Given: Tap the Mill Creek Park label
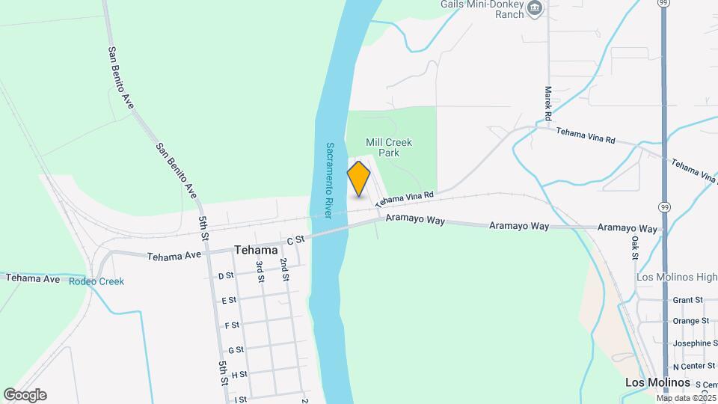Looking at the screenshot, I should click(x=389, y=147).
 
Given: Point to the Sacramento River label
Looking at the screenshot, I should click(x=330, y=179).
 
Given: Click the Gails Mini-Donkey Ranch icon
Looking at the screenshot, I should click(x=535, y=8).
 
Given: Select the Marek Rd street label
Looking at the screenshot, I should click(x=548, y=103).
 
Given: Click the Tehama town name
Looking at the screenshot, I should click(x=256, y=250).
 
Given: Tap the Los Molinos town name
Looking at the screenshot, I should click(x=657, y=382).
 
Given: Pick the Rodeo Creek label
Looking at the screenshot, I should click(x=96, y=281).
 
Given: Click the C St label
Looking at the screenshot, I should click(x=296, y=240).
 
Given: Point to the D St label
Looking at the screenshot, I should click(x=226, y=275).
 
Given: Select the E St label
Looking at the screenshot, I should click(x=230, y=300).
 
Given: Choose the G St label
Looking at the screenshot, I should click(x=236, y=349).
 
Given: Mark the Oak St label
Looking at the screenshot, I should click(x=635, y=248).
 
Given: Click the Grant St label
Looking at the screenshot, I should click(x=687, y=300).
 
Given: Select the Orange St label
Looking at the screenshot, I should click(x=690, y=321).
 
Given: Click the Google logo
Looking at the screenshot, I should click(x=25, y=395).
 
